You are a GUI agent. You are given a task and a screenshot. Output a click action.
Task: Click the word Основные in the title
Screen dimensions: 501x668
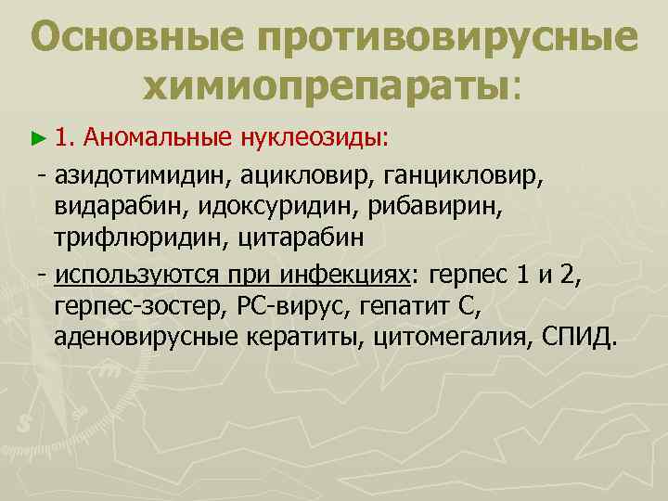(x=135, y=39)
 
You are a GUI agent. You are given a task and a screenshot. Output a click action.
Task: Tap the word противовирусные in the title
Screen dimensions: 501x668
(x=448, y=39)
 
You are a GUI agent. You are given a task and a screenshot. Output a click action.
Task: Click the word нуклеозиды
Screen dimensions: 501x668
(x=314, y=138)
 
